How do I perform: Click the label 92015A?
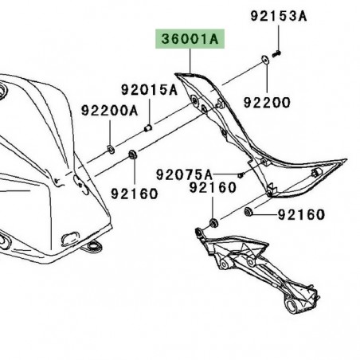[x=148, y=90]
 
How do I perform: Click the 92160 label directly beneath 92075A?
[x=212, y=189]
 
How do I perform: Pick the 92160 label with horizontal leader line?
[x=301, y=215]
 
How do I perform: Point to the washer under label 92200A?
[x=111, y=150]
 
